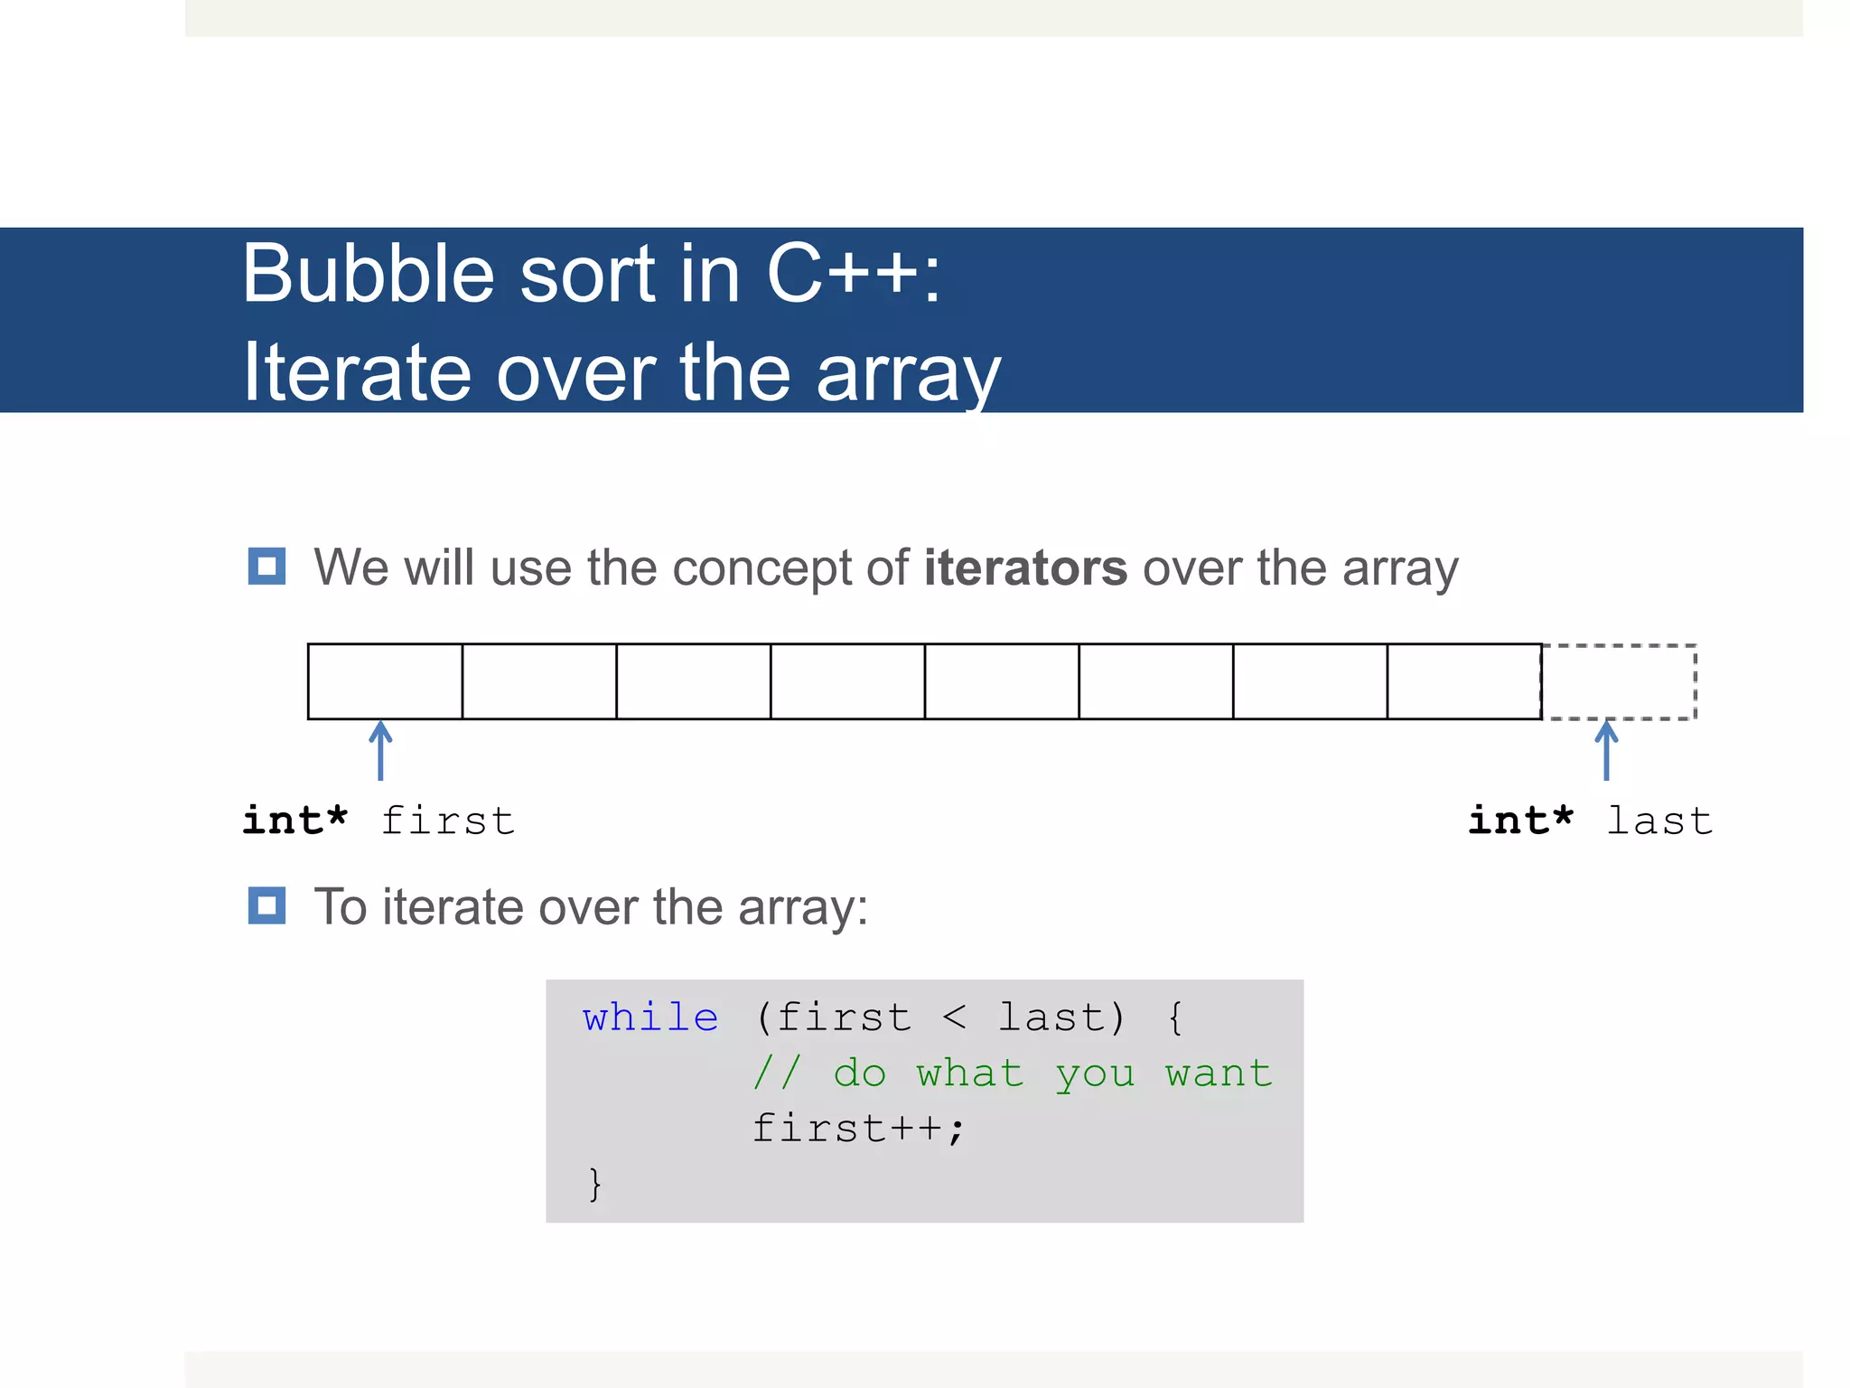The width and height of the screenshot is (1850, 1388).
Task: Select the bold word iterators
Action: tap(1025, 568)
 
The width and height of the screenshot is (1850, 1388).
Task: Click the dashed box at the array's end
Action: tap(1619, 682)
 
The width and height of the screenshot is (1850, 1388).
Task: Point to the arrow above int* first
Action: tap(380, 750)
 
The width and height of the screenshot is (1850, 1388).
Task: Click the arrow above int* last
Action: tap(1606, 750)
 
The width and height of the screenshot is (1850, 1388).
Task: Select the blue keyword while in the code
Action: tap(650, 1018)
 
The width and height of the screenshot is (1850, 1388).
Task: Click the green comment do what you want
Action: tap(1013, 1074)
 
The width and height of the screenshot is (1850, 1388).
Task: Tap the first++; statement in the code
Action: tap(859, 1129)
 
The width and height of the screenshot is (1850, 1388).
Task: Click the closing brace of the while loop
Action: tap(594, 1184)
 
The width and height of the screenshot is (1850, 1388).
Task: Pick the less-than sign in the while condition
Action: tap(954, 1018)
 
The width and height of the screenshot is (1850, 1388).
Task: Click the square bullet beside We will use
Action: tap(266, 567)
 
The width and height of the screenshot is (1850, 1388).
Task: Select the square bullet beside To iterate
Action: tap(266, 905)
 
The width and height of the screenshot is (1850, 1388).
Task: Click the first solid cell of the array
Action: tap(386, 682)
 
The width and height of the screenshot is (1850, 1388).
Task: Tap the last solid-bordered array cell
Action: tap(1464, 682)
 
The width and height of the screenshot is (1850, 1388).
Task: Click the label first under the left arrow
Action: tap(448, 821)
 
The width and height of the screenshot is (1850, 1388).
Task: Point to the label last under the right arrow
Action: tap(1659, 821)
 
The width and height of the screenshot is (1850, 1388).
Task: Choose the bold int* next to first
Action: tap(295, 821)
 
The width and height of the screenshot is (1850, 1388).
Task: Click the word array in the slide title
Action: tap(908, 373)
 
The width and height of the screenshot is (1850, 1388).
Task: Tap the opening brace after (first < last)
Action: tap(1174, 1018)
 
